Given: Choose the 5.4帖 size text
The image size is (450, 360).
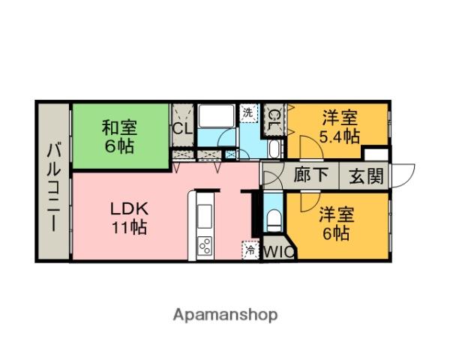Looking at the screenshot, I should click(x=339, y=136).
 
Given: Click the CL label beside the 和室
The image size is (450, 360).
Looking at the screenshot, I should click(x=181, y=127).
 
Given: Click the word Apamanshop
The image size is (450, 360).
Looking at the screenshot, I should click(x=226, y=314).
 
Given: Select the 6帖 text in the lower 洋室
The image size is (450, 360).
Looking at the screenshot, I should click(x=336, y=233).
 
